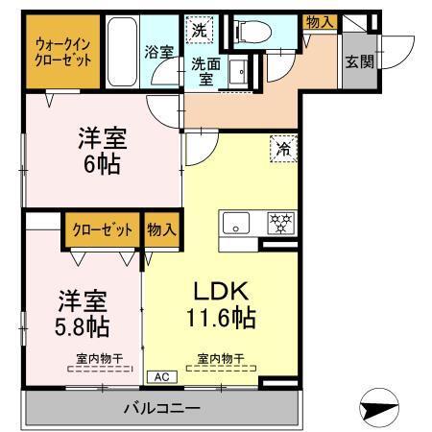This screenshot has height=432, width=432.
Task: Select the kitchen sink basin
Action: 235,224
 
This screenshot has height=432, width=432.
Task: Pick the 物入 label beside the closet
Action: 161,229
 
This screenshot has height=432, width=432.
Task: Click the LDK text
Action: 224,291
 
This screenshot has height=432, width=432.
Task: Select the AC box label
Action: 158,378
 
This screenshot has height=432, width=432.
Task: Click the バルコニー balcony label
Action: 160,409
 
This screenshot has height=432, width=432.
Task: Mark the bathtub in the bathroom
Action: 122,50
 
